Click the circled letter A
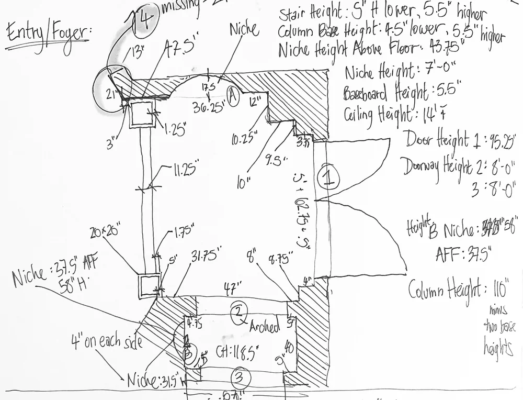click(233, 96)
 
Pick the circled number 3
click(238, 376)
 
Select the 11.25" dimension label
click(186, 171)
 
